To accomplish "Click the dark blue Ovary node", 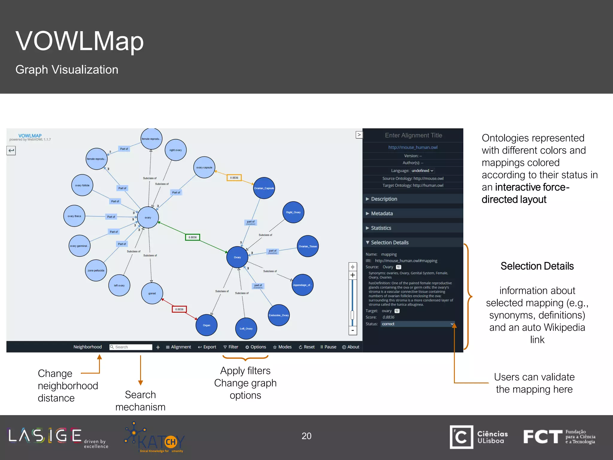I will click(237, 257).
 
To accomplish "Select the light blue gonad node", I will click(152, 293).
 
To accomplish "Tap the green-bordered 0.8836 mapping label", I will click(192, 237).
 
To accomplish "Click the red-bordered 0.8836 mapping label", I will click(179, 309).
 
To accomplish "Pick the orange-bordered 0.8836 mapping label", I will click(234, 178).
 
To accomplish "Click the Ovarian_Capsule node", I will click(264, 188).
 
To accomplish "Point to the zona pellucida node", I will click(96, 270).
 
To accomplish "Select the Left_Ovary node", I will click(246, 329).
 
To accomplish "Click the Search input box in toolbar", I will click(131, 347).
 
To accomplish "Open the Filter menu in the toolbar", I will click(231, 347).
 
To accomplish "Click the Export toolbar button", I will click(207, 347).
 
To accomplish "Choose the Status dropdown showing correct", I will click(418, 324).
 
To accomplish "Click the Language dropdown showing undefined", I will click(422, 170).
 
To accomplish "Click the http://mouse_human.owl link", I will click(413, 147).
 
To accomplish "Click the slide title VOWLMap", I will click(80, 41).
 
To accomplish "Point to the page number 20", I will click(306, 436).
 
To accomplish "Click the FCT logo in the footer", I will click(542, 437).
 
